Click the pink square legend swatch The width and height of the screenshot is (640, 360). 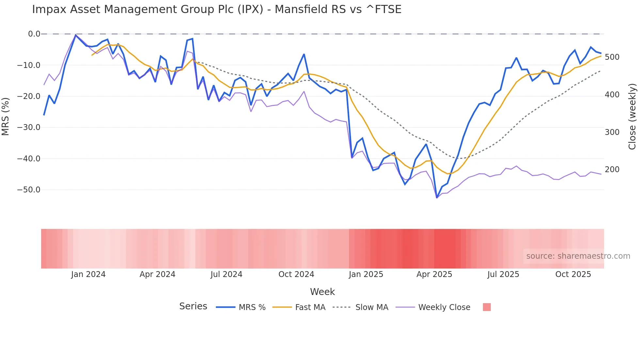(x=487, y=307)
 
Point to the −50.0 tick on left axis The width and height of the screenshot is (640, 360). (x=28, y=190)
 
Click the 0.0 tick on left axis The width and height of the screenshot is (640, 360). (x=34, y=34)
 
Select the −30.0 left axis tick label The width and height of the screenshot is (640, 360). (x=28, y=127)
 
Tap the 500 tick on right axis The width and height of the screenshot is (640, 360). (x=612, y=57)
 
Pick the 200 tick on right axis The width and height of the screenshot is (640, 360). (x=612, y=170)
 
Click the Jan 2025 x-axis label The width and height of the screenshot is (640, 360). (x=366, y=274)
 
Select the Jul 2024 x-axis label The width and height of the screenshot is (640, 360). (x=226, y=274)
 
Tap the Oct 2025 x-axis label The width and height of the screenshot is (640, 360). (x=573, y=274)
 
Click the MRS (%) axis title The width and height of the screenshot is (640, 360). (x=5, y=117)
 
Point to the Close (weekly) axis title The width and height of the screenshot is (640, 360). (x=632, y=117)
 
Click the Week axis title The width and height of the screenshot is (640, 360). (x=322, y=292)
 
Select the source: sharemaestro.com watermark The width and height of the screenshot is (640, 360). (x=578, y=256)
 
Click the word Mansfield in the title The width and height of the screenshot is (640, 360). (x=301, y=9)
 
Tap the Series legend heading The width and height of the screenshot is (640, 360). (x=193, y=306)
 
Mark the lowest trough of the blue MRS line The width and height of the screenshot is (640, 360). (x=437, y=198)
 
